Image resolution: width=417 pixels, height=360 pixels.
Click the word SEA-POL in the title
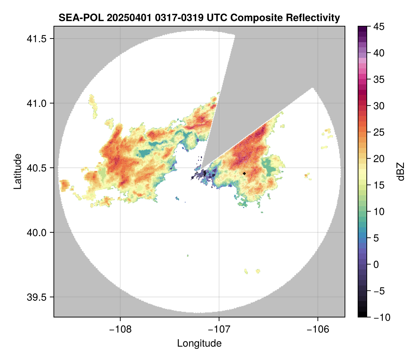76,17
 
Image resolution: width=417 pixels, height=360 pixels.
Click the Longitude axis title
199,343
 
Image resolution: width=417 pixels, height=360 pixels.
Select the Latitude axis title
17,171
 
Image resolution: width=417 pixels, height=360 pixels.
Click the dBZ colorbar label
401,172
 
